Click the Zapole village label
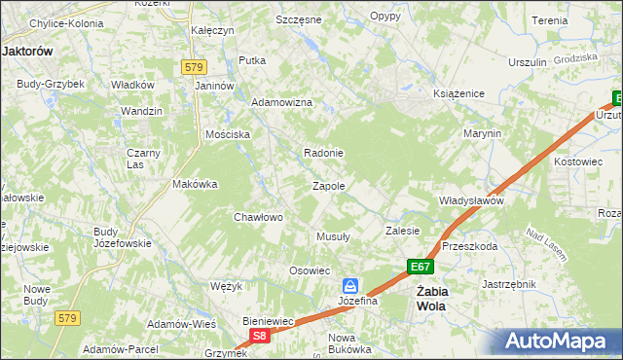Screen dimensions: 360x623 point(328,186)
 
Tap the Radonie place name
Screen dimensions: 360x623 point(323,153)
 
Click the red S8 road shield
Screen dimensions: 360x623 point(259,336)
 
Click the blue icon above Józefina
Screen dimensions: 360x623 point(350,286)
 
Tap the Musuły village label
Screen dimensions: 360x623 point(334,236)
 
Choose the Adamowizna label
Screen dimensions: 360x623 point(281,102)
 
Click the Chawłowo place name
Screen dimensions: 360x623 point(258,217)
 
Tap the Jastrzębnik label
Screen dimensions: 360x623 point(509,284)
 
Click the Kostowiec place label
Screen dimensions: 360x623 point(578,162)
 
